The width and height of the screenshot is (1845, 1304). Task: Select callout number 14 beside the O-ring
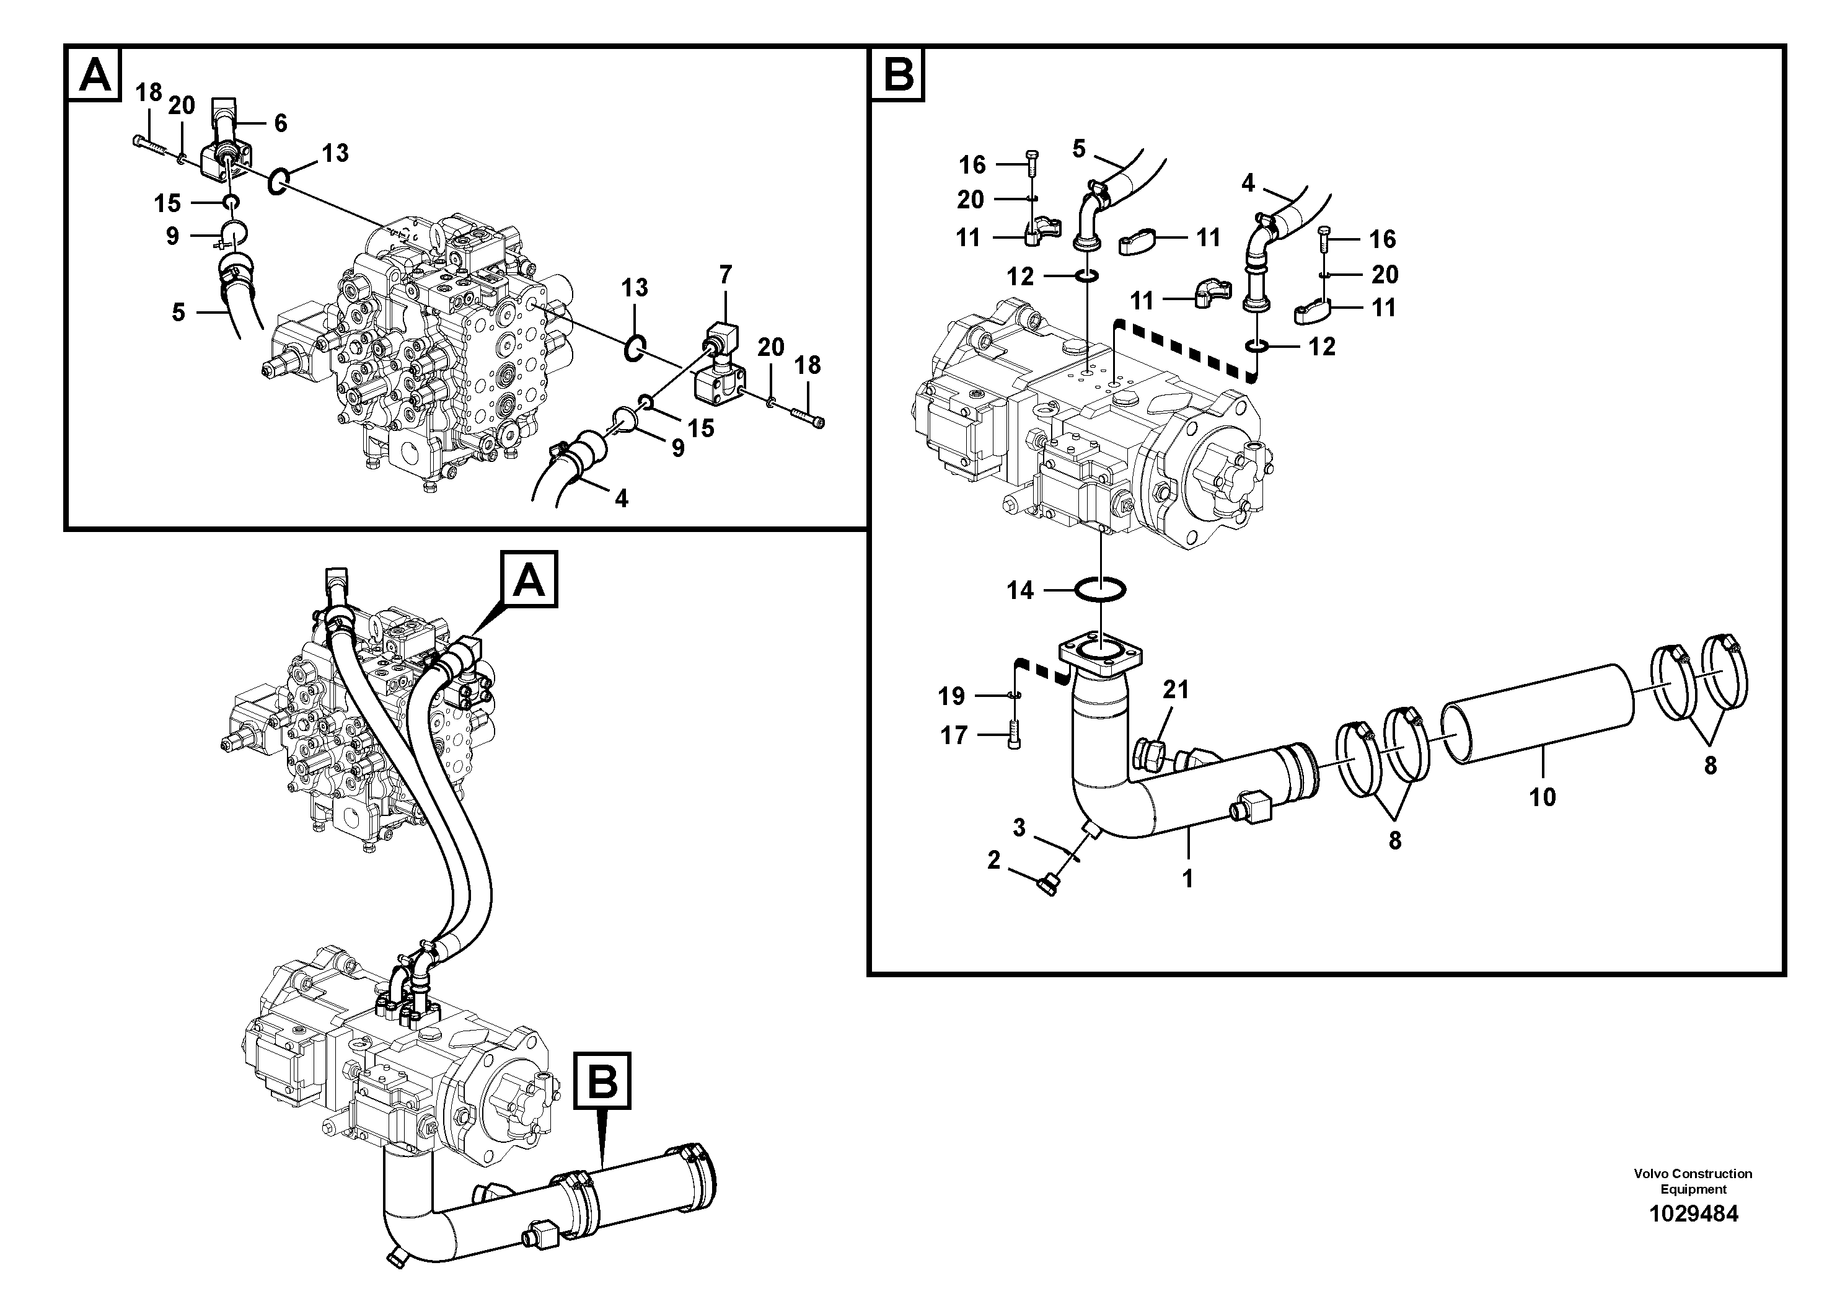[1019, 590]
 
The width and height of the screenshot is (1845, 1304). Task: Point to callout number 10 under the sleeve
[1542, 797]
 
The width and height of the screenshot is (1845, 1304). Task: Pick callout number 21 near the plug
[1176, 689]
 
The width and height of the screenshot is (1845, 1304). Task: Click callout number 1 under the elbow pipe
[1187, 879]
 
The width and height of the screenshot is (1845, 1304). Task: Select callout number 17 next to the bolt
[954, 735]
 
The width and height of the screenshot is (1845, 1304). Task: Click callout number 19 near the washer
[951, 696]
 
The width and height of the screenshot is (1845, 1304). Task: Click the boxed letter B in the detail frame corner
[897, 75]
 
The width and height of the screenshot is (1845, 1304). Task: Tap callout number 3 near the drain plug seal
[1019, 827]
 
